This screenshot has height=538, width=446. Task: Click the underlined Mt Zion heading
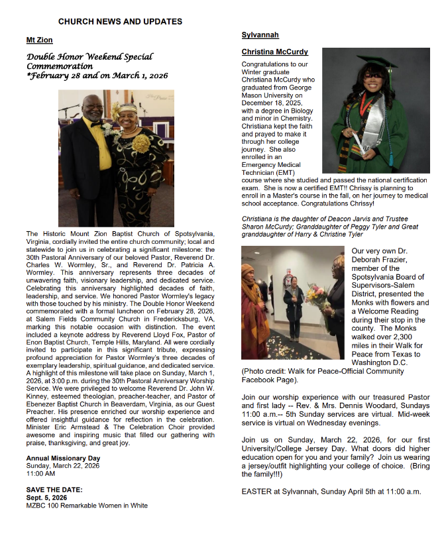coord(39,40)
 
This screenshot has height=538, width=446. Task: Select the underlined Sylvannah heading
coord(260,34)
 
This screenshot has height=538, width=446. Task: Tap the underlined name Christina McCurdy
coord(274,52)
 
